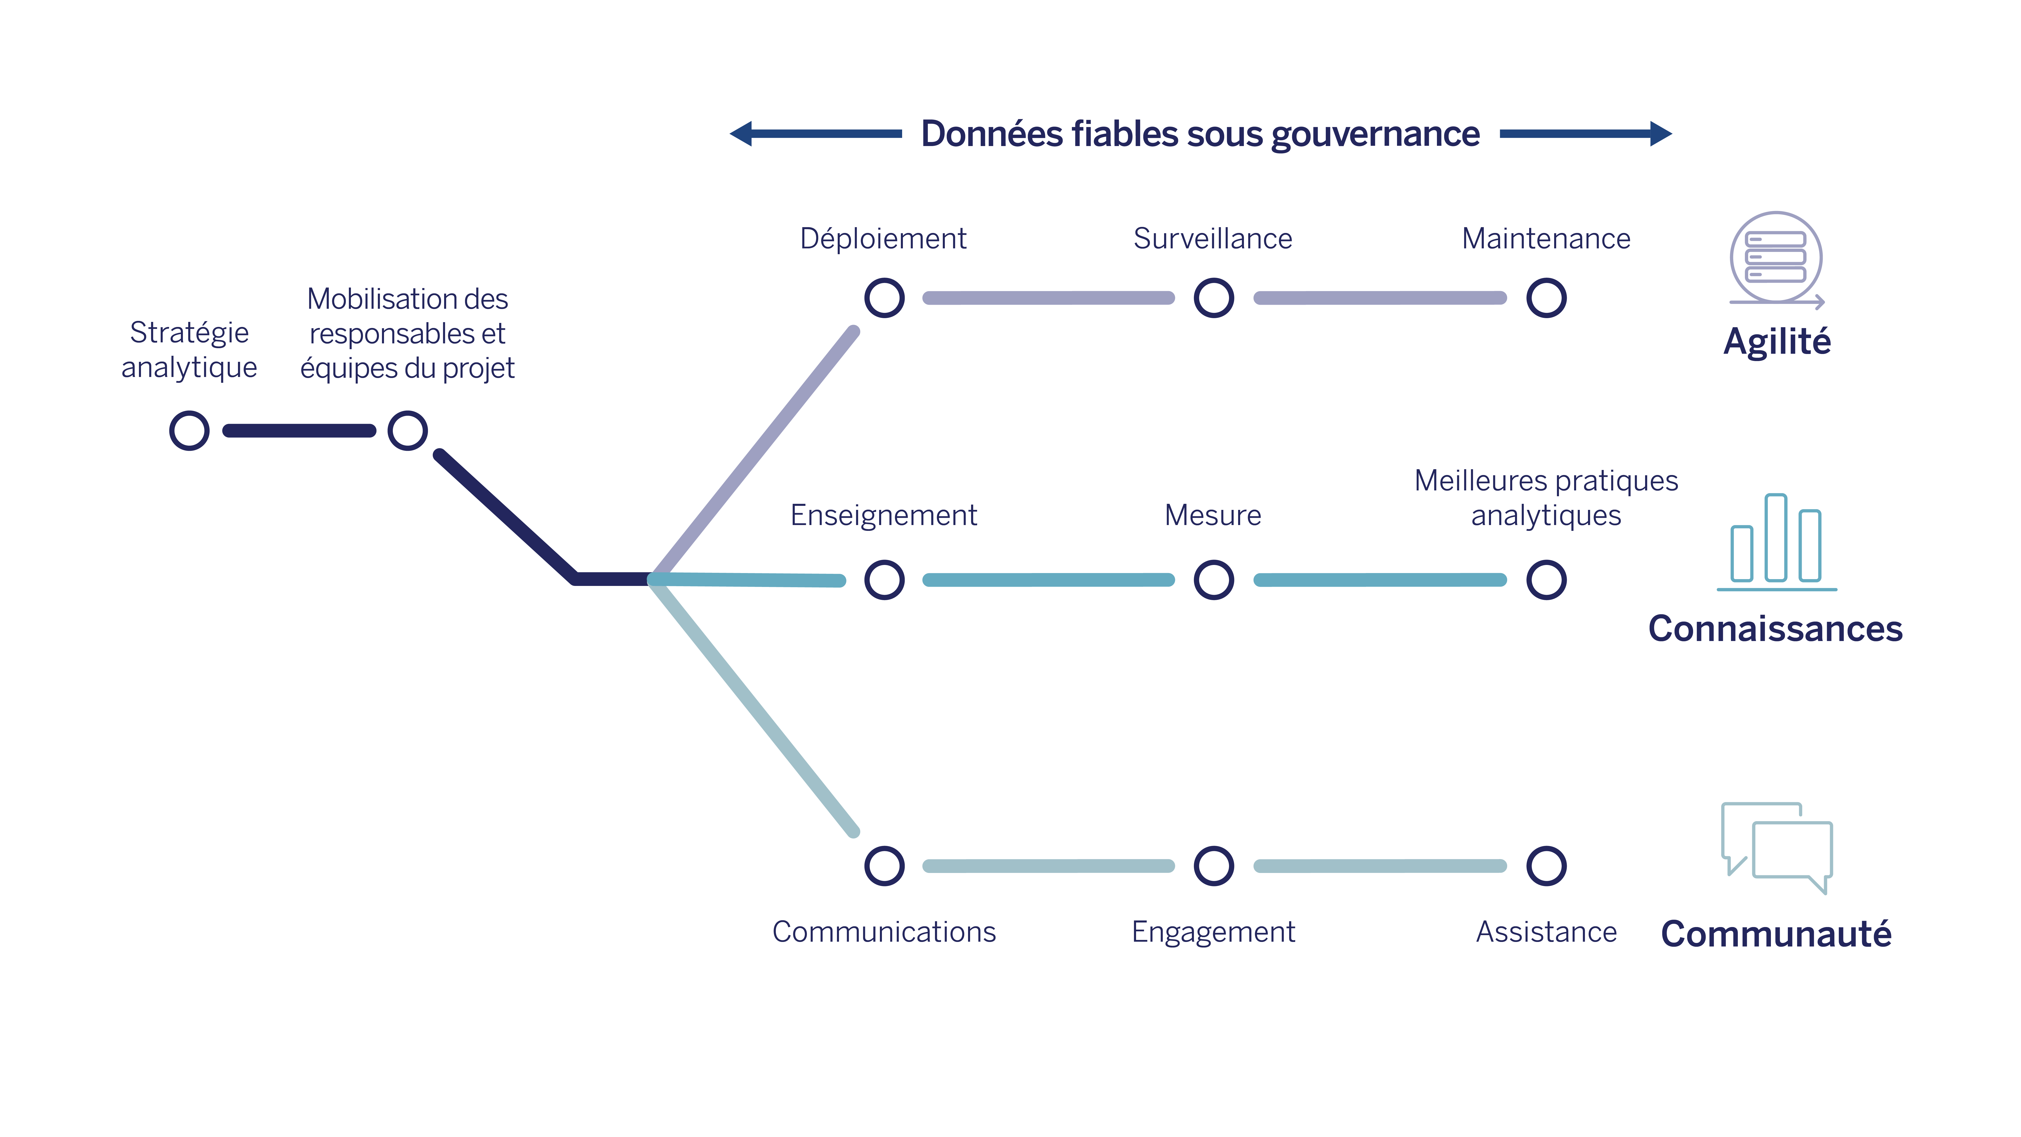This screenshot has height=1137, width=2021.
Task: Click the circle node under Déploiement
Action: (x=884, y=298)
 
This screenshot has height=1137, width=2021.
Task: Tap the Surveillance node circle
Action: (x=1214, y=298)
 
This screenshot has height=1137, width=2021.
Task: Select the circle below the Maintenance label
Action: (x=1546, y=298)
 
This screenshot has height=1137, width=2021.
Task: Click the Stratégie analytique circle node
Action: (x=189, y=431)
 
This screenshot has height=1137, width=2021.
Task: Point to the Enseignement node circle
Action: (x=884, y=580)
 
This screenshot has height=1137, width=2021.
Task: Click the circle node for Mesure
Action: (x=1214, y=580)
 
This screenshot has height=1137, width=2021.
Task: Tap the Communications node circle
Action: (x=884, y=866)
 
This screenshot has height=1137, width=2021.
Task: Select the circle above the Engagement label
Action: (x=1214, y=866)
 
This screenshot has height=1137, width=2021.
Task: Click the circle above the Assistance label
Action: (x=1546, y=866)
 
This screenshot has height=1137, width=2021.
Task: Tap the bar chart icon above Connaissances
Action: (x=1776, y=541)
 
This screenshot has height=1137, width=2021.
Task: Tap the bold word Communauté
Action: (x=1776, y=934)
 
